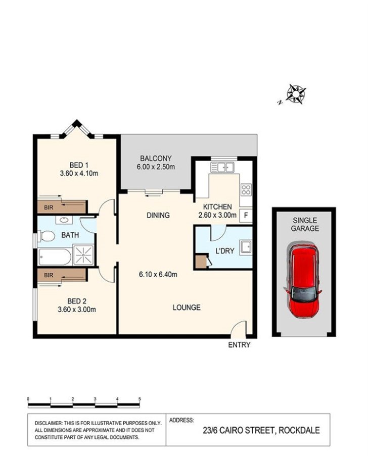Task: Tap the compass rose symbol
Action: pos(296,93)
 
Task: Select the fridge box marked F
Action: pos(246,215)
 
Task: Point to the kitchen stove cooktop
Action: pos(246,190)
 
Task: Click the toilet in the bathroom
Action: pos(47,236)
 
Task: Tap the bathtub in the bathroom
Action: pos(55,257)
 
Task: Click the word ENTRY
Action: pos(239,345)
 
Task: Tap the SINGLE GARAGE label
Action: pos(304,225)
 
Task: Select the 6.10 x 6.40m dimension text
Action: pos(158,275)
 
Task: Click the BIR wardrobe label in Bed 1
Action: pos(49,207)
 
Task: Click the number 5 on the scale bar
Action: pos(139,399)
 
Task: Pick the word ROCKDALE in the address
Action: pos(297,431)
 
